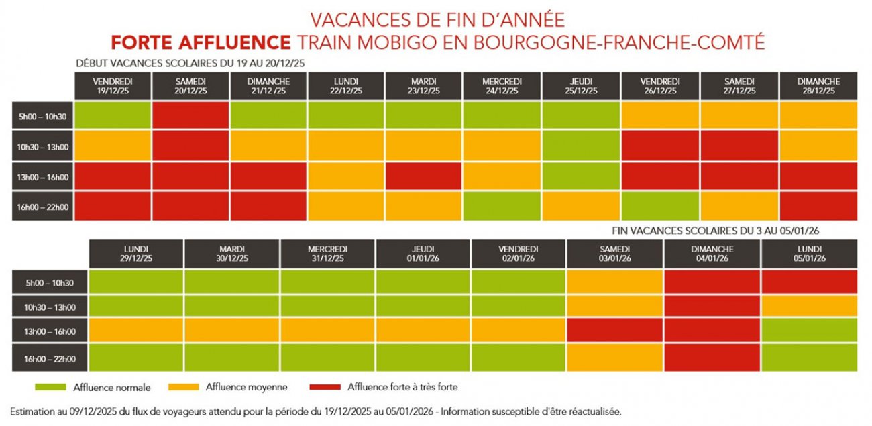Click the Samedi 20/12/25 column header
pos(191,86)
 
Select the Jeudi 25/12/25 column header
pos(582,86)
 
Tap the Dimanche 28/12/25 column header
pos(818,86)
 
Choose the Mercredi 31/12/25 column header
pos(328,254)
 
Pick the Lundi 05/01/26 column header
pos(809,254)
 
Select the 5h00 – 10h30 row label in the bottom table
pos(50,283)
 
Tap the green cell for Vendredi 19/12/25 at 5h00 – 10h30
pos(113,115)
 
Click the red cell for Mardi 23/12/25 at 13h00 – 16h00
pos(424,176)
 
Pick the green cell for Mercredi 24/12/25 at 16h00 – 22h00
pos(502,207)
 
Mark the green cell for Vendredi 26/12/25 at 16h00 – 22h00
pos(660,207)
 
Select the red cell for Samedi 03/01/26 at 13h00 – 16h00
pos(615,331)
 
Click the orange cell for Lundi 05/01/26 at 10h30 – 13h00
pos(809,307)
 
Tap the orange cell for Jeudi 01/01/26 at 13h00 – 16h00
pos(423,331)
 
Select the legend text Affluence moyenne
pos(247,387)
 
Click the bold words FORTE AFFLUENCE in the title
pos(201,42)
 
